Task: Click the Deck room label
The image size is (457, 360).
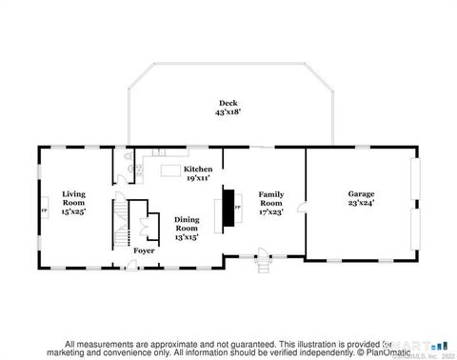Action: tap(228, 102)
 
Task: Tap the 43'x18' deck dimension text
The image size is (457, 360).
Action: tap(228, 111)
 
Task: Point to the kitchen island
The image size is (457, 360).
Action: tap(170, 170)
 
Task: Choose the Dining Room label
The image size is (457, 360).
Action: tap(187, 223)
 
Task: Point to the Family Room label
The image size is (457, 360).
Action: tap(271, 197)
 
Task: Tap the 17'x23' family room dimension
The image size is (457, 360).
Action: tap(271, 212)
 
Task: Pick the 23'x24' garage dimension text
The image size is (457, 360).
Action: tap(361, 203)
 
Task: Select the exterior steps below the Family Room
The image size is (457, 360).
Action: tap(265, 267)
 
